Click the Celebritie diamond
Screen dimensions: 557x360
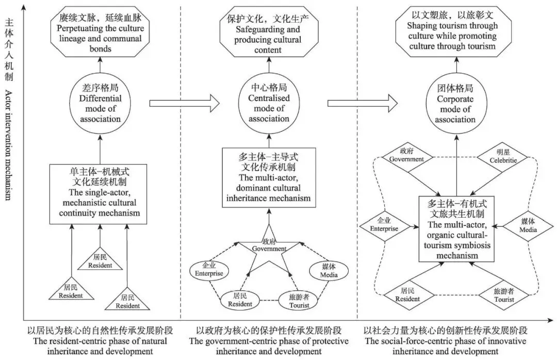coord(502,156)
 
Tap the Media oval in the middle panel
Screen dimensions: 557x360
coord(329,271)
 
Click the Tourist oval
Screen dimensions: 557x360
coord(299,301)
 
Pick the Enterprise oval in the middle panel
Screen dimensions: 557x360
coord(209,270)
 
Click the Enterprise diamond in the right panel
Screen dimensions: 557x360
coord(384,226)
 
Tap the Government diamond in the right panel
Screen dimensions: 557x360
coord(407,156)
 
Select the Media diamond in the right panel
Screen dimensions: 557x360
coord(528,226)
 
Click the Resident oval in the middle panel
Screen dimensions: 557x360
coord(240,300)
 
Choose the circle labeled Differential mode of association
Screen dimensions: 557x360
coord(100,104)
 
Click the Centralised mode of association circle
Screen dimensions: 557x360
coord(269,103)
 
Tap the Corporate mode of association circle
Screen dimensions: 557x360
coord(456,104)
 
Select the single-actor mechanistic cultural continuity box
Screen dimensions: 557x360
coord(98,194)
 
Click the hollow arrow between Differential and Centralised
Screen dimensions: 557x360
coord(185,104)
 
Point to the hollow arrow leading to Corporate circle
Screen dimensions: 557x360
coord(363,104)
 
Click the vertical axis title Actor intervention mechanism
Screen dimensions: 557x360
coord(9,145)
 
